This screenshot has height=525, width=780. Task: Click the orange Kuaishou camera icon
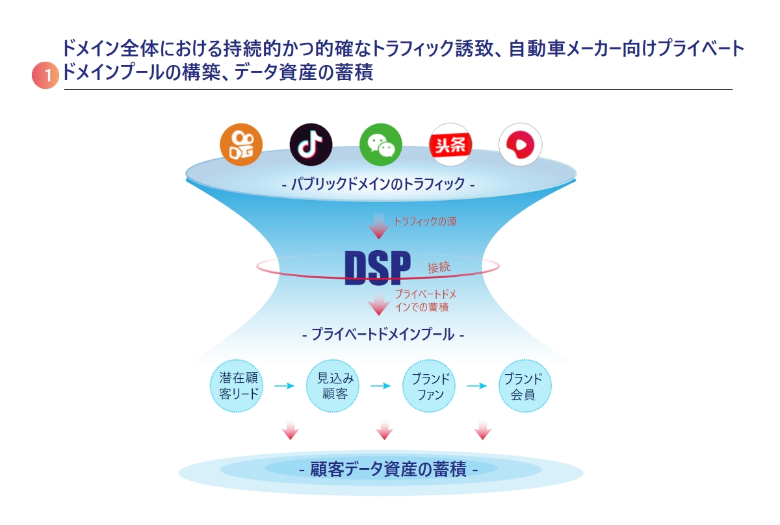[x=241, y=144]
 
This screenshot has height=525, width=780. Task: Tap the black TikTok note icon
[x=311, y=144]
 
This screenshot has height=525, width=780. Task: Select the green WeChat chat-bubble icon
[x=381, y=144]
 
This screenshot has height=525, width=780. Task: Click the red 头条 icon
[x=450, y=144]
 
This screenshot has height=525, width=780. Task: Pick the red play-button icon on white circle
[x=520, y=144]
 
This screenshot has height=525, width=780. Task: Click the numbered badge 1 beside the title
[x=45, y=75]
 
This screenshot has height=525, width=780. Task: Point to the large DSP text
[x=378, y=268]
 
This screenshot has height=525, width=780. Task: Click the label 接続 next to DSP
[x=439, y=268]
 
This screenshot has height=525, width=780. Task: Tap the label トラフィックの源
[x=425, y=222]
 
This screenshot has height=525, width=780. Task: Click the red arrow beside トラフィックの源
[x=379, y=225]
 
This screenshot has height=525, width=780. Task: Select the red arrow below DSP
[x=379, y=305]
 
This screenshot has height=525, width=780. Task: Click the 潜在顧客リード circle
[x=237, y=386]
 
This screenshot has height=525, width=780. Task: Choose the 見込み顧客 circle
[x=333, y=386]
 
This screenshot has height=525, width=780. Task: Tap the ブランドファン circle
[x=429, y=386]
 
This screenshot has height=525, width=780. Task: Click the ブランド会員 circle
[x=525, y=386]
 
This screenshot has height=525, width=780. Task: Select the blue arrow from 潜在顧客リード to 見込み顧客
[x=285, y=386]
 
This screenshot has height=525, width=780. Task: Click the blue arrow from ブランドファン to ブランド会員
[x=477, y=386]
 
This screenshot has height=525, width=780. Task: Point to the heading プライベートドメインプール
[x=383, y=334]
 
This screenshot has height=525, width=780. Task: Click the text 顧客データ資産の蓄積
[x=388, y=468]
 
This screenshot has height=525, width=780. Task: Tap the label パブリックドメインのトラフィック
[x=378, y=183]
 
